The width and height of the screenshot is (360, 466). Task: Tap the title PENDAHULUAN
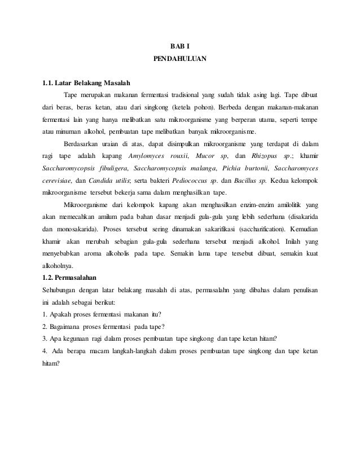pos(181,59)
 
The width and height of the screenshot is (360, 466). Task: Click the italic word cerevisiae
pos(58,181)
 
